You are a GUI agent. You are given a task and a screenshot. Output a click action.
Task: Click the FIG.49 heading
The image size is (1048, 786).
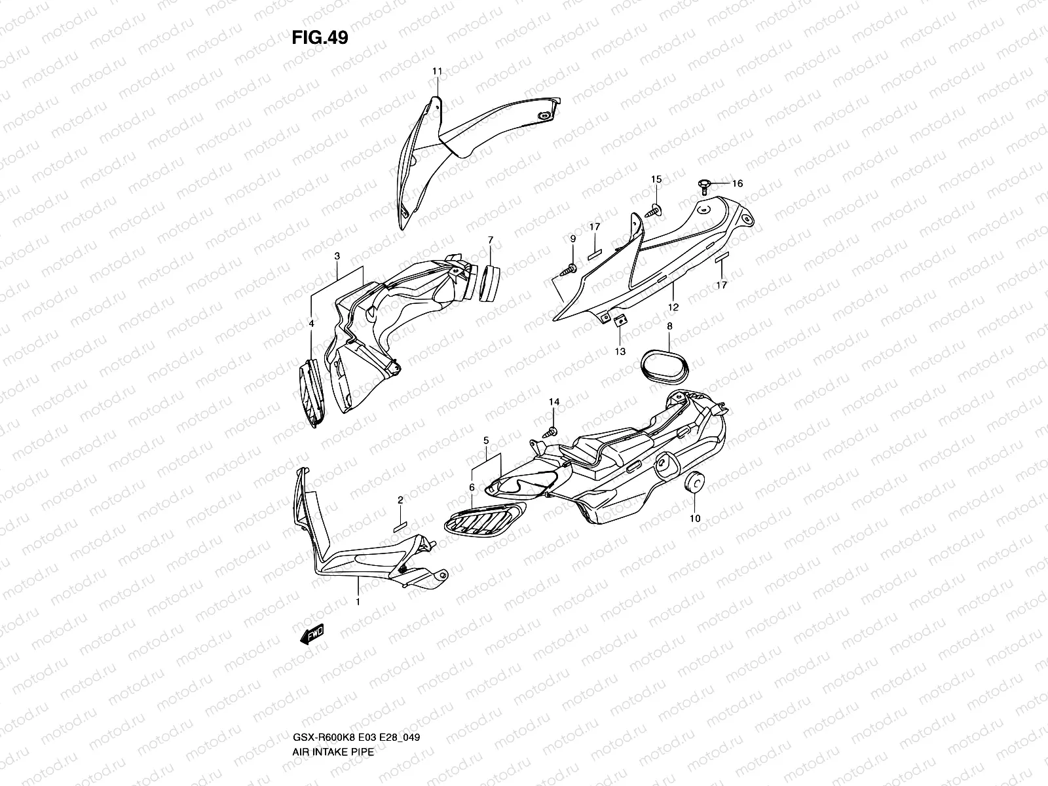pyautogui.click(x=320, y=38)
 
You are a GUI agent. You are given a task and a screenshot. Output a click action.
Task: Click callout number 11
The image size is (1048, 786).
pyautogui.click(x=437, y=71)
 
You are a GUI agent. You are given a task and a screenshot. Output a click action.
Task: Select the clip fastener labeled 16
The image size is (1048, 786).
pyautogui.click(x=704, y=185)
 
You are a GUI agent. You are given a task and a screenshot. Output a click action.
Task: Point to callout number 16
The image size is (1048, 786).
pyautogui.click(x=738, y=183)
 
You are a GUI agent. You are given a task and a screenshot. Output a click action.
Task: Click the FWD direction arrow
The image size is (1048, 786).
pyautogui.click(x=312, y=633)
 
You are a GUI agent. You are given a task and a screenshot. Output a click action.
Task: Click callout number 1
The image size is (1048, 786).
pyautogui.click(x=358, y=601)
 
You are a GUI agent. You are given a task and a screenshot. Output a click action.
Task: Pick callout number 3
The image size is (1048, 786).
pyautogui.click(x=337, y=256)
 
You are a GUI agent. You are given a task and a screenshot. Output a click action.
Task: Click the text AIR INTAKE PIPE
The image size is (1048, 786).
pyautogui.click(x=333, y=697)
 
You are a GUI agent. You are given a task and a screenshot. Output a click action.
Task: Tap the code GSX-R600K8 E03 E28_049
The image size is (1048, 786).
pyautogui.click(x=356, y=682)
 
